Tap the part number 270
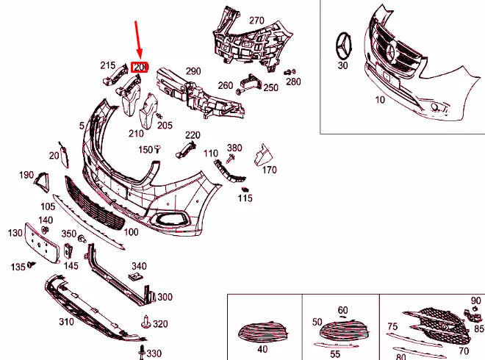coord(256,20)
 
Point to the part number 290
coord(193,71)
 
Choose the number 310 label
coord(66,322)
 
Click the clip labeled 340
coord(134,276)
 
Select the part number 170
coord(269,170)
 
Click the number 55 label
coord(334,353)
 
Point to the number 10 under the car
coord(380,99)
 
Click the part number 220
coord(193,135)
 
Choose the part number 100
coord(131,232)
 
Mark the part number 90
coord(475,300)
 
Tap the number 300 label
coord(165,297)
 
